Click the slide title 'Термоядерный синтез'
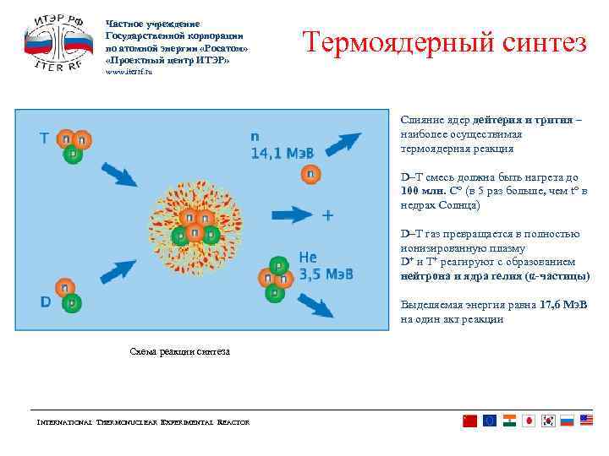coord(444,42)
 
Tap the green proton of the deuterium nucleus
coord(74,301)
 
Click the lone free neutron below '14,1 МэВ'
coord(311,174)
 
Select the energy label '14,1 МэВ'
coord(282,153)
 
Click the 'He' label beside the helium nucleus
coord(309,258)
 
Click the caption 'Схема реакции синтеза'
coord(178,351)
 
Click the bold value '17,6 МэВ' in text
coord(564,305)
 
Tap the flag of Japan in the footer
coord(528,421)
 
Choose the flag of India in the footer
coord(509,421)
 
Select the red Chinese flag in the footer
coord(470,421)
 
